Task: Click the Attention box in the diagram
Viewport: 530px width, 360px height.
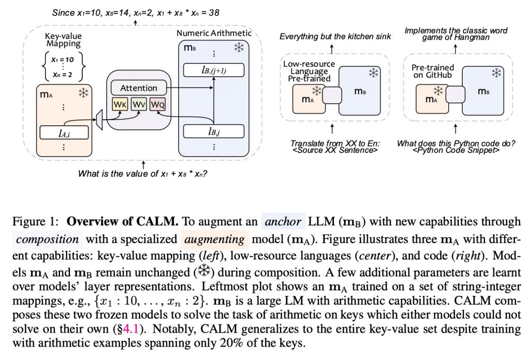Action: (x=139, y=88)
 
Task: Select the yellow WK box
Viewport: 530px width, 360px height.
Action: (x=120, y=105)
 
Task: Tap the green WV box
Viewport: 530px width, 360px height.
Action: (x=138, y=105)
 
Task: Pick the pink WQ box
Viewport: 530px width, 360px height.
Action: (x=157, y=105)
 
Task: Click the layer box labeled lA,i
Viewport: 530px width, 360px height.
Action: (x=64, y=132)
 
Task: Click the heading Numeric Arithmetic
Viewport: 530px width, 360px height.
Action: (x=214, y=33)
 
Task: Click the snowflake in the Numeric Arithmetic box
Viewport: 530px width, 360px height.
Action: (x=239, y=48)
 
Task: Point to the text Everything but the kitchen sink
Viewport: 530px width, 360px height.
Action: (x=335, y=36)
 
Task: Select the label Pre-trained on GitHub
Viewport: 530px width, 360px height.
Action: (x=433, y=71)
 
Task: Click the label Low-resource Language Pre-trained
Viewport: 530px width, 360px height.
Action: (x=309, y=71)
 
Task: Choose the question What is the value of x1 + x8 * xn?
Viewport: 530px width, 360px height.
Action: (x=142, y=174)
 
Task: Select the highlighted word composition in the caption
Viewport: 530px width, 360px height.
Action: (x=47, y=240)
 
